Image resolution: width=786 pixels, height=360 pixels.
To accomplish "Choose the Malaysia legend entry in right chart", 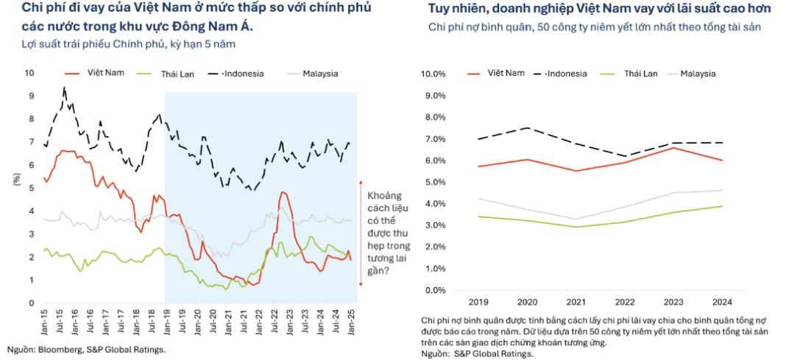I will coord(698,74).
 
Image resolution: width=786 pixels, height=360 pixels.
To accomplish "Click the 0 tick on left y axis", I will coord(31,303).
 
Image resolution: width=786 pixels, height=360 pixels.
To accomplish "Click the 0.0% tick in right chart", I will coord(435,290).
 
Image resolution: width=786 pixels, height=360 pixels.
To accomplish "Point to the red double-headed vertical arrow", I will coord(361,233).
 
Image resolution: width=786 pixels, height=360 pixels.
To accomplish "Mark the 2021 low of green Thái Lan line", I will coord(575,227).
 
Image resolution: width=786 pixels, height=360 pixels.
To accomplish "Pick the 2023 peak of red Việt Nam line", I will coord(674,148).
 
